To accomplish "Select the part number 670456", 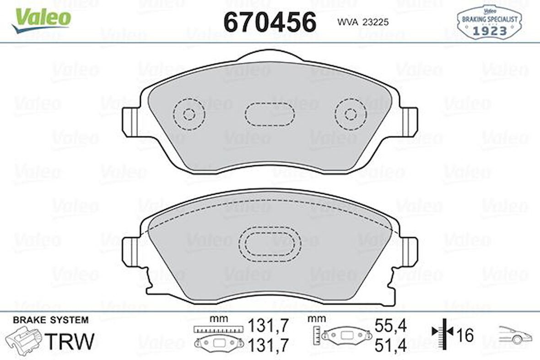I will [270, 22].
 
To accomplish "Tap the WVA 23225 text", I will [362, 22].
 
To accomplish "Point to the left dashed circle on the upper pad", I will [189, 114].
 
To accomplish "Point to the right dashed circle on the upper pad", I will [351, 114].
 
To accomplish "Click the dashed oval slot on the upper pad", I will [270, 114].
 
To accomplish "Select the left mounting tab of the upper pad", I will [131, 122].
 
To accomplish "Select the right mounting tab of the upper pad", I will [409, 122].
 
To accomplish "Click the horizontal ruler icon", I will [217, 329].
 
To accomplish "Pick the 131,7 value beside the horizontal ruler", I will [269, 326].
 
